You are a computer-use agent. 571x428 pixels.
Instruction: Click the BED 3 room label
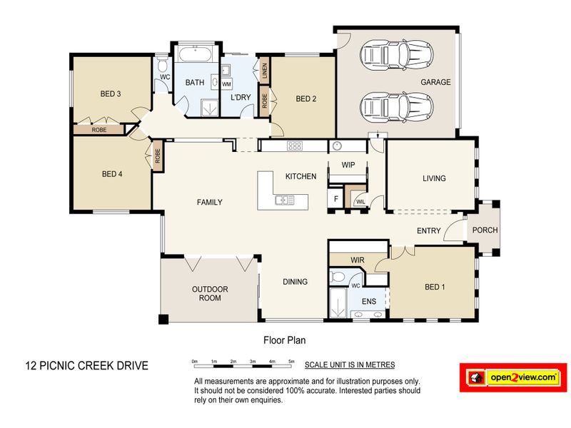tap(111, 94)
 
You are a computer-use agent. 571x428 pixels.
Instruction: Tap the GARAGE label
tap(435, 82)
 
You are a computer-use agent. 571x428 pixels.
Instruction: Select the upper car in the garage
tap(397, 55)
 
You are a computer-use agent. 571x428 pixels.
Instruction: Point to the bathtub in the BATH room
tap(196, 54)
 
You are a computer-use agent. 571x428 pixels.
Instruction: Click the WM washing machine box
tap(226, 83)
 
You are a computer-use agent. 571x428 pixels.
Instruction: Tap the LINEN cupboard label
tap(265, 71)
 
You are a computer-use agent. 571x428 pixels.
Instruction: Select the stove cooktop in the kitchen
tap(294, 146)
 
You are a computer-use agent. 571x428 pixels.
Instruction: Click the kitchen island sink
tap(285, 200)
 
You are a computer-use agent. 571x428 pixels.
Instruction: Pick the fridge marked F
tap(335, 199)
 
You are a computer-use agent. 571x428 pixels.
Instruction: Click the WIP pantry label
tap(348, 165)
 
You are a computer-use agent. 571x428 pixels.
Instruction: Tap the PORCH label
tap(485, 230)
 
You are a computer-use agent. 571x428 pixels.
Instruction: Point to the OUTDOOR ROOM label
tap(210, 293)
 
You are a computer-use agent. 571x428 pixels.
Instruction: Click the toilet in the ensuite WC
tap(337, 277)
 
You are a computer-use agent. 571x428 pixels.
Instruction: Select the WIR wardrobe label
tap(358, 260)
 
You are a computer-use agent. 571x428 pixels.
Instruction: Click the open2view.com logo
tap(513, 377)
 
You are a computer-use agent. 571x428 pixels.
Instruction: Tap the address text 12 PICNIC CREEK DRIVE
tap(86, 365)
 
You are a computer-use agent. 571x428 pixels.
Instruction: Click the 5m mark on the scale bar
tap(291, 362)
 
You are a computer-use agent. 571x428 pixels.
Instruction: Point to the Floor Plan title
tap(284, 340)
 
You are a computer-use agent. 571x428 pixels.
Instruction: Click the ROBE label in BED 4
tap(157, 156)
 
